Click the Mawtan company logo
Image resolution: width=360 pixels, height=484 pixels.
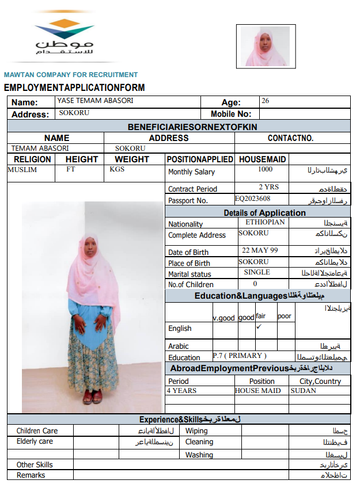click(x=64, y=36)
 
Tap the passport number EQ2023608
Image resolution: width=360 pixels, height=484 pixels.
click(x=253, y=199)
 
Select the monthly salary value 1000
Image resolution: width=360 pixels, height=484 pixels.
click(x=266, y=169)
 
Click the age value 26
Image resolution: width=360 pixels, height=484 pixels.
click(x=265, y=101)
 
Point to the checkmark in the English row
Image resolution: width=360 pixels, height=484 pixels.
click(x=259, y=327)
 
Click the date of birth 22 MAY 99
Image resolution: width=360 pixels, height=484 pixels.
click(x=260, y=250)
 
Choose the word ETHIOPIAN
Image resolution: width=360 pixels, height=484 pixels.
click(x=265, y=222)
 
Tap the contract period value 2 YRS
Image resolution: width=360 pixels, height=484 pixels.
click(x=268, y=187)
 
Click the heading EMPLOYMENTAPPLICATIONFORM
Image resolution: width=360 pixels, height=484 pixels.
click(x=74, y=87)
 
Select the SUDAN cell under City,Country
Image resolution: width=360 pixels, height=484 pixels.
click(x=304, y=391)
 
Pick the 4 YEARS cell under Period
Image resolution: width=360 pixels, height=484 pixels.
click(x=181, y=391)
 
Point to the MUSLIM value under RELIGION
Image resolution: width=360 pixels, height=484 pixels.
click(x=22, y=170)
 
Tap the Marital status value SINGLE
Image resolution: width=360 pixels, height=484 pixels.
click(x=257, y=272)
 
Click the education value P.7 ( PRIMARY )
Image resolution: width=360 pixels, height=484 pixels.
click(x=240, y=356)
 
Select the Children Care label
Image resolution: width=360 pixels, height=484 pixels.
click(x=37, y=430)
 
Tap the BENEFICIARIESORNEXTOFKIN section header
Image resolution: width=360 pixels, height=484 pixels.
click(x=192, y=127)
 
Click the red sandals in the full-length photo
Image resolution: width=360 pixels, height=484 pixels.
click(x=93, y=397)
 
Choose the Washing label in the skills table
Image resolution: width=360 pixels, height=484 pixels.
click(x=199, y=455)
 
